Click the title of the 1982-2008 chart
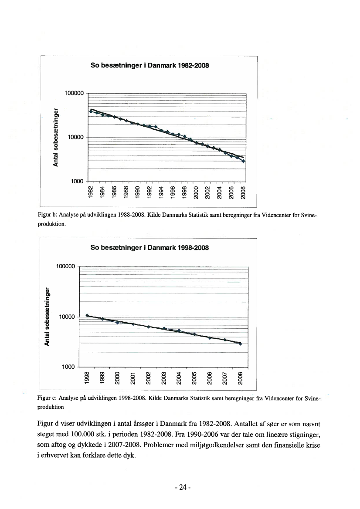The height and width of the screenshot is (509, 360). click(149, 66)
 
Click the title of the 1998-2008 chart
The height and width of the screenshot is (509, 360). click(149, 248)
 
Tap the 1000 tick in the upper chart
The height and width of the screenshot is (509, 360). click(77, 181)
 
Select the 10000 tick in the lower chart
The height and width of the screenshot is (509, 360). click(68, 317)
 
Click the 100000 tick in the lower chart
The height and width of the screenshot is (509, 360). click(65, 267)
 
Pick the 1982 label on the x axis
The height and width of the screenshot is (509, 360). click(91, 192)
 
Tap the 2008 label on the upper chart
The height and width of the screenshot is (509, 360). click(244, 192)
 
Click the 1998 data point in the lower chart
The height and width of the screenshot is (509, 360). click(87, 315)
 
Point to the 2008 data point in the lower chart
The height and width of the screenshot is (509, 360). click(240, 344)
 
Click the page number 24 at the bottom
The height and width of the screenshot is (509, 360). click(180, 488)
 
